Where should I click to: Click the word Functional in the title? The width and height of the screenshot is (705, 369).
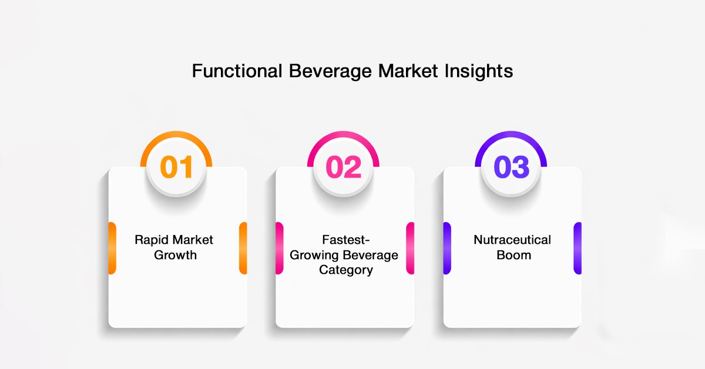(x=237, y=71)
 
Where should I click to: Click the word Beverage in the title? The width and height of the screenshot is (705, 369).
(x=330, y=72)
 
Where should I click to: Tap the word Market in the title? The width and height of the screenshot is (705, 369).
(x=408, y=71)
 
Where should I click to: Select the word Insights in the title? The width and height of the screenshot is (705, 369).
(x=479, y=72)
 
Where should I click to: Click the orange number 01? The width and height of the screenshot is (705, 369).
(x=176, y=166)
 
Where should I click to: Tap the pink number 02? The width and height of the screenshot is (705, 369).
(x=343, y=166)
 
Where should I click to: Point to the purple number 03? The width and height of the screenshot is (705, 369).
(x=512, y=166)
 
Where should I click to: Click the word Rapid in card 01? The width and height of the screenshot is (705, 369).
(x=152, y=240)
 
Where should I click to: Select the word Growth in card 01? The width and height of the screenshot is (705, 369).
(x=175, y=255)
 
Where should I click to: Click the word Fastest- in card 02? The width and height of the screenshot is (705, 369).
(x=345, y=240)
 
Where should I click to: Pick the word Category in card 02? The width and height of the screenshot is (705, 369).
(x=346, y=270)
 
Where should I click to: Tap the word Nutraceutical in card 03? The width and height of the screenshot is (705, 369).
(x=512, y=240)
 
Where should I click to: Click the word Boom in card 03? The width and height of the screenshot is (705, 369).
(x=513, y=255)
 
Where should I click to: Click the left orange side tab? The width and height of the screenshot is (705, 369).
(x=112, y=248)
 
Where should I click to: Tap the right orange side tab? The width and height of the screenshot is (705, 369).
(x=243, y=248)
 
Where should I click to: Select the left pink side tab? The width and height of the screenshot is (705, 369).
(x=280, y=248)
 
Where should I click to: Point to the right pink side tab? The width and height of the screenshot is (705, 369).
(x=410, y=248)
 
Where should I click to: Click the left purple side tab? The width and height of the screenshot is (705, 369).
(x=447, y=248)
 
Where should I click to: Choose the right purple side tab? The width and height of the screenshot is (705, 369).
(x=578, y=248)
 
